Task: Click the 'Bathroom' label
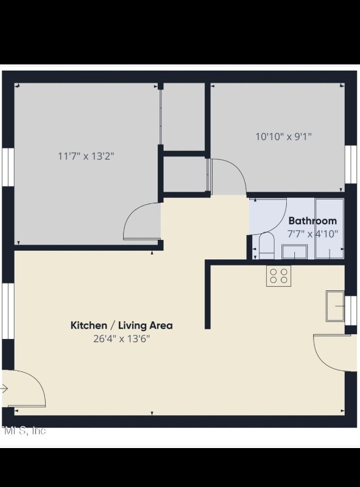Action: [x=312, y=221]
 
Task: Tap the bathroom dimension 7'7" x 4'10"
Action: [x=312, y=233]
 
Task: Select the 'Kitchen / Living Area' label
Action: [x=122, y=325]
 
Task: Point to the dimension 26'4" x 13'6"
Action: [x=122, y=338]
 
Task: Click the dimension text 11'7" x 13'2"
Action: [x=86, y=156]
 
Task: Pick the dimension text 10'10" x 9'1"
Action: [x=283, y=136]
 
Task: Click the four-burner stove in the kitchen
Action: [x=278, y=276]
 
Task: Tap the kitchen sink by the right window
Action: [x=335, y=306]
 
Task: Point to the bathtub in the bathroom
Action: [x=330, y=228]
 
